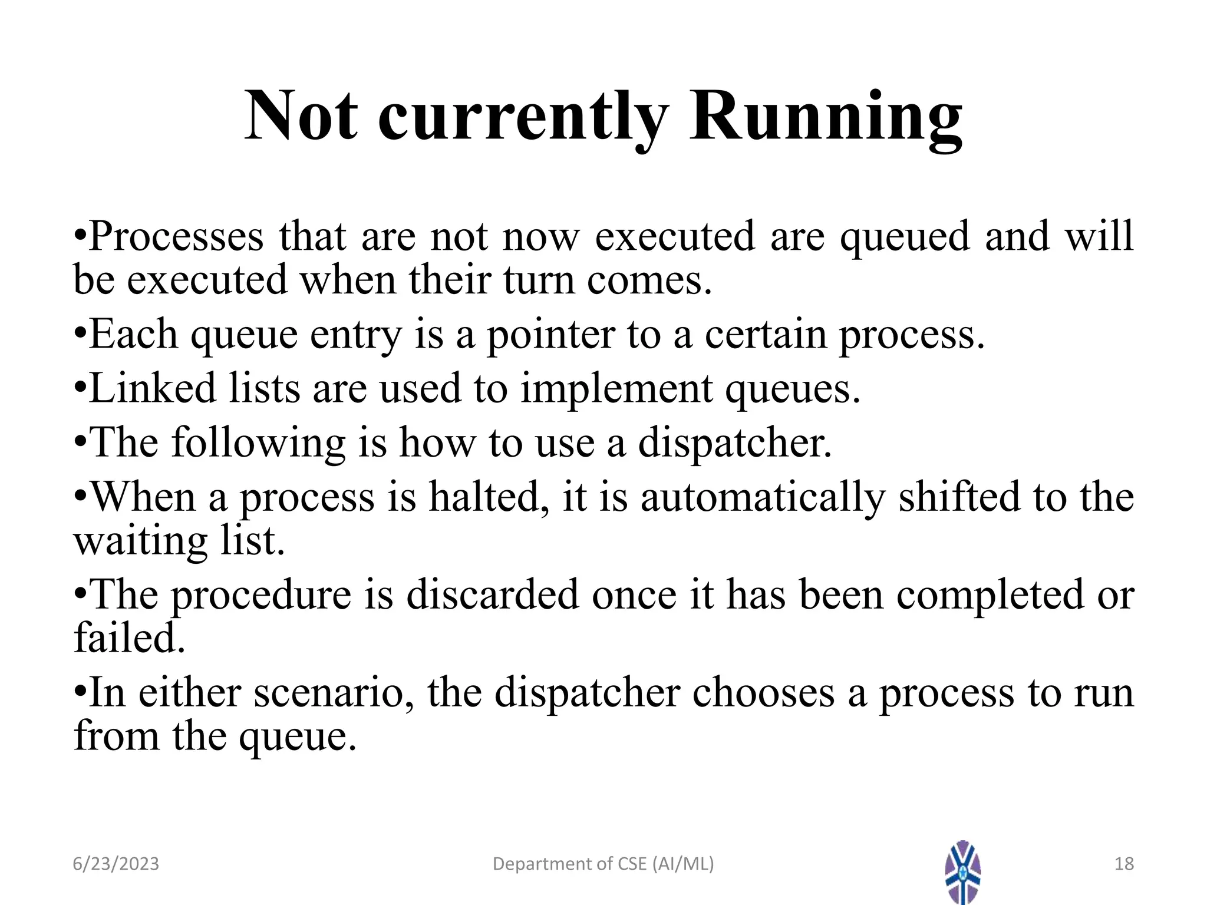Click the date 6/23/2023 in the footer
click(x=116, y=864)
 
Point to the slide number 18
click(x=1124, y=864)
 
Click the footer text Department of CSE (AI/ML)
click(x=603, y=864)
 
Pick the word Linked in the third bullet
click(x=153, y=389)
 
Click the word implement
click(x=616, y=389)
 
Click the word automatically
click(x=763, y=497)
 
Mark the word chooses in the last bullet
click(x=763, y=692)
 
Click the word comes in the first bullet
click(x=649, y=280)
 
